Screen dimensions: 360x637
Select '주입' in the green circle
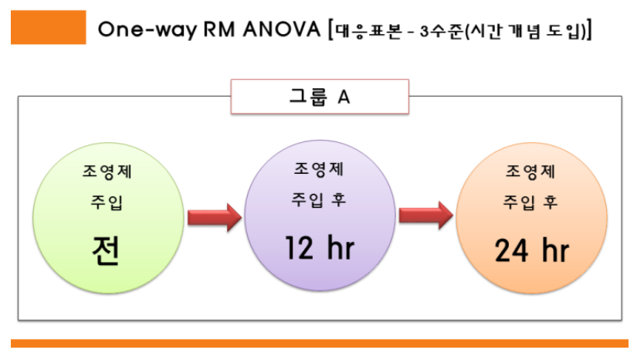107,204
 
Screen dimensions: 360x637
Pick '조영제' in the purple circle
319,168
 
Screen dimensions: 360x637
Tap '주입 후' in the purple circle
319,200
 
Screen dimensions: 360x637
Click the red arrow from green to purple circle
213,216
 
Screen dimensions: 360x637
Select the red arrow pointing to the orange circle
425,216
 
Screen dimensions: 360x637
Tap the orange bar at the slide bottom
319,343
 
